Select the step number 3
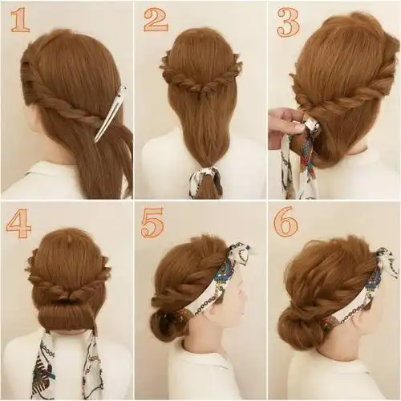pyautogui.click(x=288, y=22)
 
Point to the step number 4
pyautogui.click(x=18, y=224)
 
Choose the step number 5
pyautogui.click(x=153, y=223)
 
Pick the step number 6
pyautogui.click(x=286, y=223)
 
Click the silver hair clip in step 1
pyautogui.click(x=111, y=113)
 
